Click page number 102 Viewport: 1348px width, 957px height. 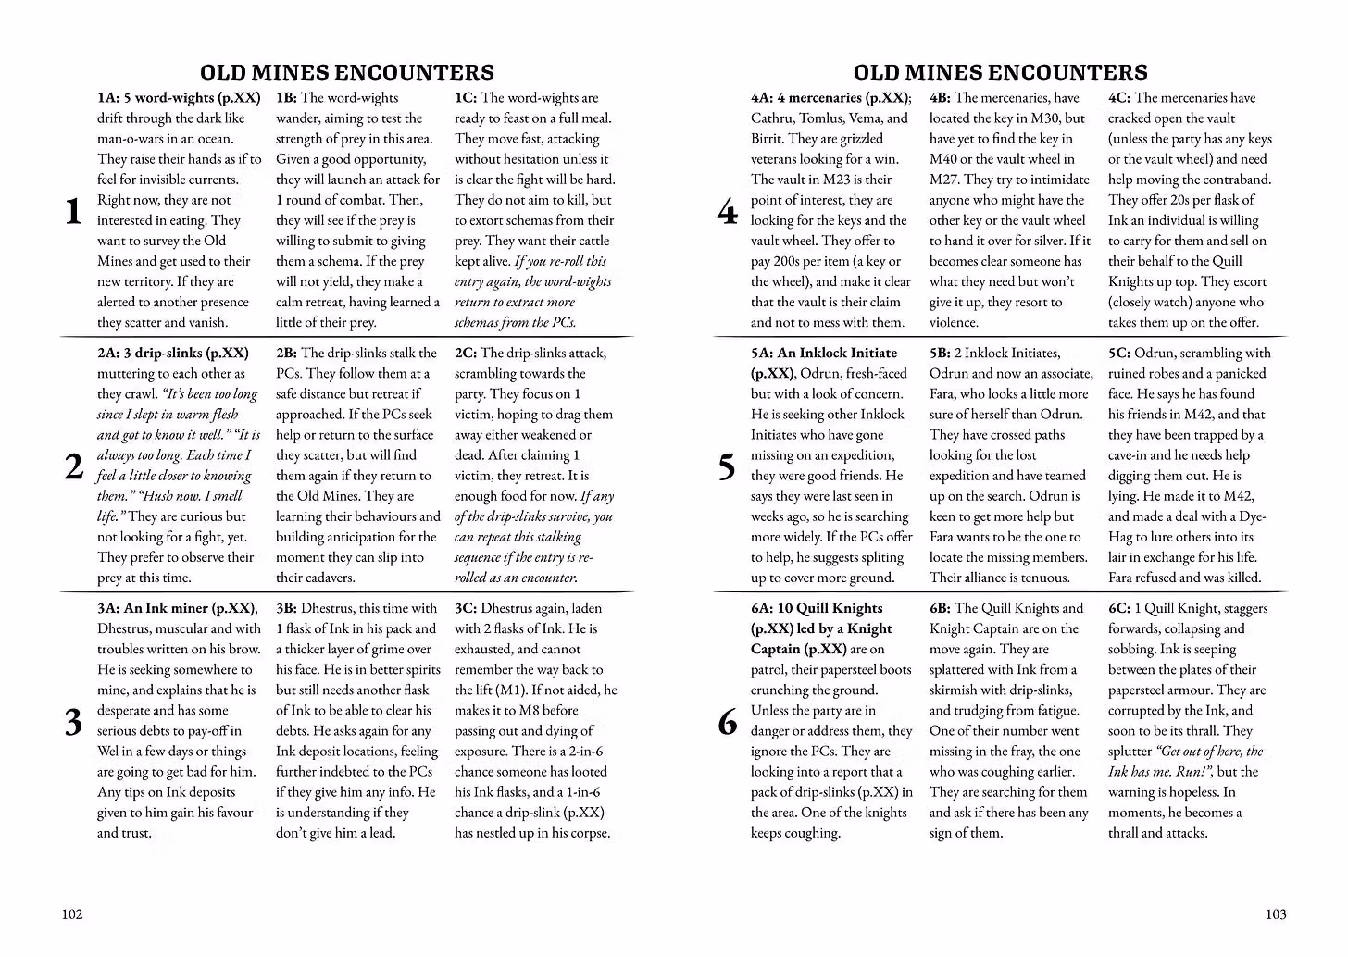(72, 914)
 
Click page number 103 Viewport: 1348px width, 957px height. (1276, 914)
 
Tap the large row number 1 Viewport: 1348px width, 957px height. (73, 212)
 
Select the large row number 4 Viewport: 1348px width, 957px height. (728, 212)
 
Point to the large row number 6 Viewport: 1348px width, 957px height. (728, 722)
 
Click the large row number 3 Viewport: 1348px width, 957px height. (73, 722)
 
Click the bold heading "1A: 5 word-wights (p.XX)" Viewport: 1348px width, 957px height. (179, 98)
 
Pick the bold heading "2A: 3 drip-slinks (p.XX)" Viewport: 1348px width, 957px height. (173, 354)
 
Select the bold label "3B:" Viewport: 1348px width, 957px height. (286, 609)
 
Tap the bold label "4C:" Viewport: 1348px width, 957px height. (1119, 98)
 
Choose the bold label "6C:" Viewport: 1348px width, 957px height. (1119, 609)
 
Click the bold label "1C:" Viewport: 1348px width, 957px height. (466, 98)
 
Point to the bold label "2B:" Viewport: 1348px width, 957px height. (286, 354)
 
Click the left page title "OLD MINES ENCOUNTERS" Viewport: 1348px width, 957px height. (347, 72)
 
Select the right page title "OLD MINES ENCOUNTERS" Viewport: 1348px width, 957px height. (1000, 72)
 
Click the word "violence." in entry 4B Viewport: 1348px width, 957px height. (954, 323)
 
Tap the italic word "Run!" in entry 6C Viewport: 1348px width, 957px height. (1190, 772)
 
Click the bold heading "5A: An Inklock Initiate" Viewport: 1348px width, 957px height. (824, 354)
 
